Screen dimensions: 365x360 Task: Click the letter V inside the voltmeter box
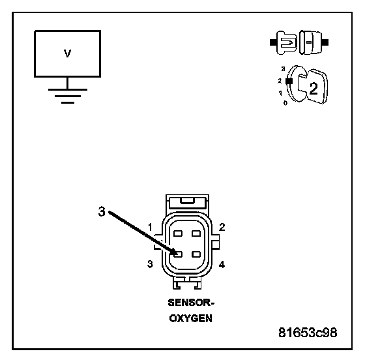click(67, 53)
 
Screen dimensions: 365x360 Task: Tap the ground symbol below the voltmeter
click(68, 96)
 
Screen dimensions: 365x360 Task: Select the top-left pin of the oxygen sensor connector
click(178, 233)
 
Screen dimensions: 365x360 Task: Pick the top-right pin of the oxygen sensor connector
click(196, 233)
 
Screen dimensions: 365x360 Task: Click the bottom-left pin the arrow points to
click(178, 254)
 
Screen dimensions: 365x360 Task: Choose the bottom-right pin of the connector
click(196, 254)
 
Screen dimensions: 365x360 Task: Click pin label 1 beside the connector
click(150, 227)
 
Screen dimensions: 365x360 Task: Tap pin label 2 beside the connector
click(222, 227)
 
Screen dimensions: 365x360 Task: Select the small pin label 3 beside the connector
click(150, 264)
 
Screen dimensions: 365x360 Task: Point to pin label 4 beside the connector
click(222, 265)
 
